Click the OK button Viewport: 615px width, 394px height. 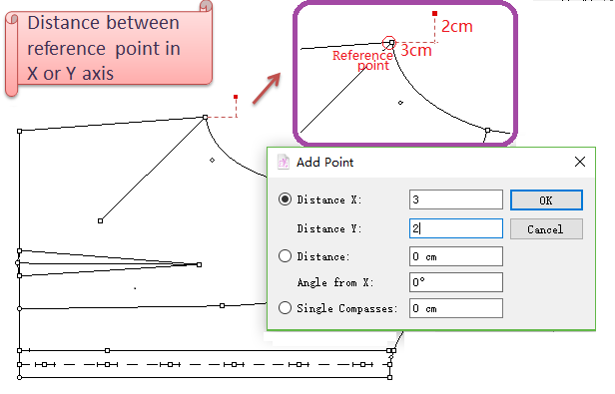click(x=546, y=199)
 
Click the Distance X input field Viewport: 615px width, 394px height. click(x=455, y=199)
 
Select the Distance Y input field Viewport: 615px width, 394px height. click(x=455, y=228)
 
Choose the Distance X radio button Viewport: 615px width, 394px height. click(x=285, y=199)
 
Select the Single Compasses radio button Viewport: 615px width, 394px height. click(x=285, y=308)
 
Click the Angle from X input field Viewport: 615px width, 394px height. click(x=455, y=282)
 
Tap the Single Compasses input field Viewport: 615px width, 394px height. click(x=455, y=308)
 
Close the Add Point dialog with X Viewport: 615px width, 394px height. click(x=580, y=162)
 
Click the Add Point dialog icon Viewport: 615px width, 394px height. click(x=284, y=162)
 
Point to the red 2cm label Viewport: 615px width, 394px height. click(x=457, y=26)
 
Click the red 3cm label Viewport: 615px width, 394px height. click(x=416, y=50)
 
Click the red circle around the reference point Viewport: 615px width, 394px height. click(x=389, y=37)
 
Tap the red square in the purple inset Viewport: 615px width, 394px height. click(x=434, y=14)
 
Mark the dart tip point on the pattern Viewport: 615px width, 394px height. click(x=200, y=265)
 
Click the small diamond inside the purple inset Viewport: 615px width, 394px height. click(x=400, y=103)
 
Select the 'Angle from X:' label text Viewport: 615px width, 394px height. click(x=335, y=282)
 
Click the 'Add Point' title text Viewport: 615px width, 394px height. click(x=325, y=162)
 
